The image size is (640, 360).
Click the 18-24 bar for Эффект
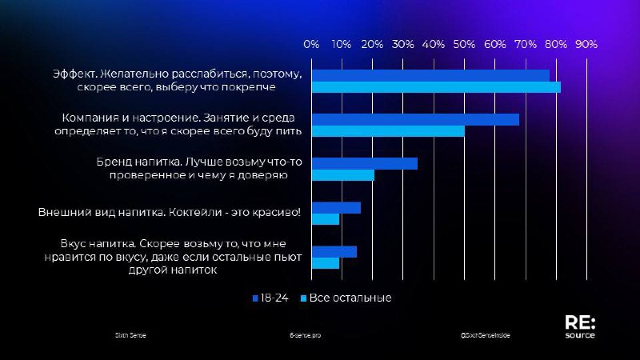[x=430, y=74]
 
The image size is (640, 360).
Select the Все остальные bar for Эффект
[x=436, y=86]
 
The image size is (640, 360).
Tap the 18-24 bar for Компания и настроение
[x=415, y=119]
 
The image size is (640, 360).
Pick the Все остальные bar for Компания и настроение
[x=388, y=131]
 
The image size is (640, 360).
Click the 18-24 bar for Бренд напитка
[x=365, y=163]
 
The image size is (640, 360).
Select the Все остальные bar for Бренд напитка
[x=343, y=175]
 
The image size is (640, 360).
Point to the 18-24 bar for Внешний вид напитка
[x=336, y=208]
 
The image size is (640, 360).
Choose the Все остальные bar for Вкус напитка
[x=326, y=263]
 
